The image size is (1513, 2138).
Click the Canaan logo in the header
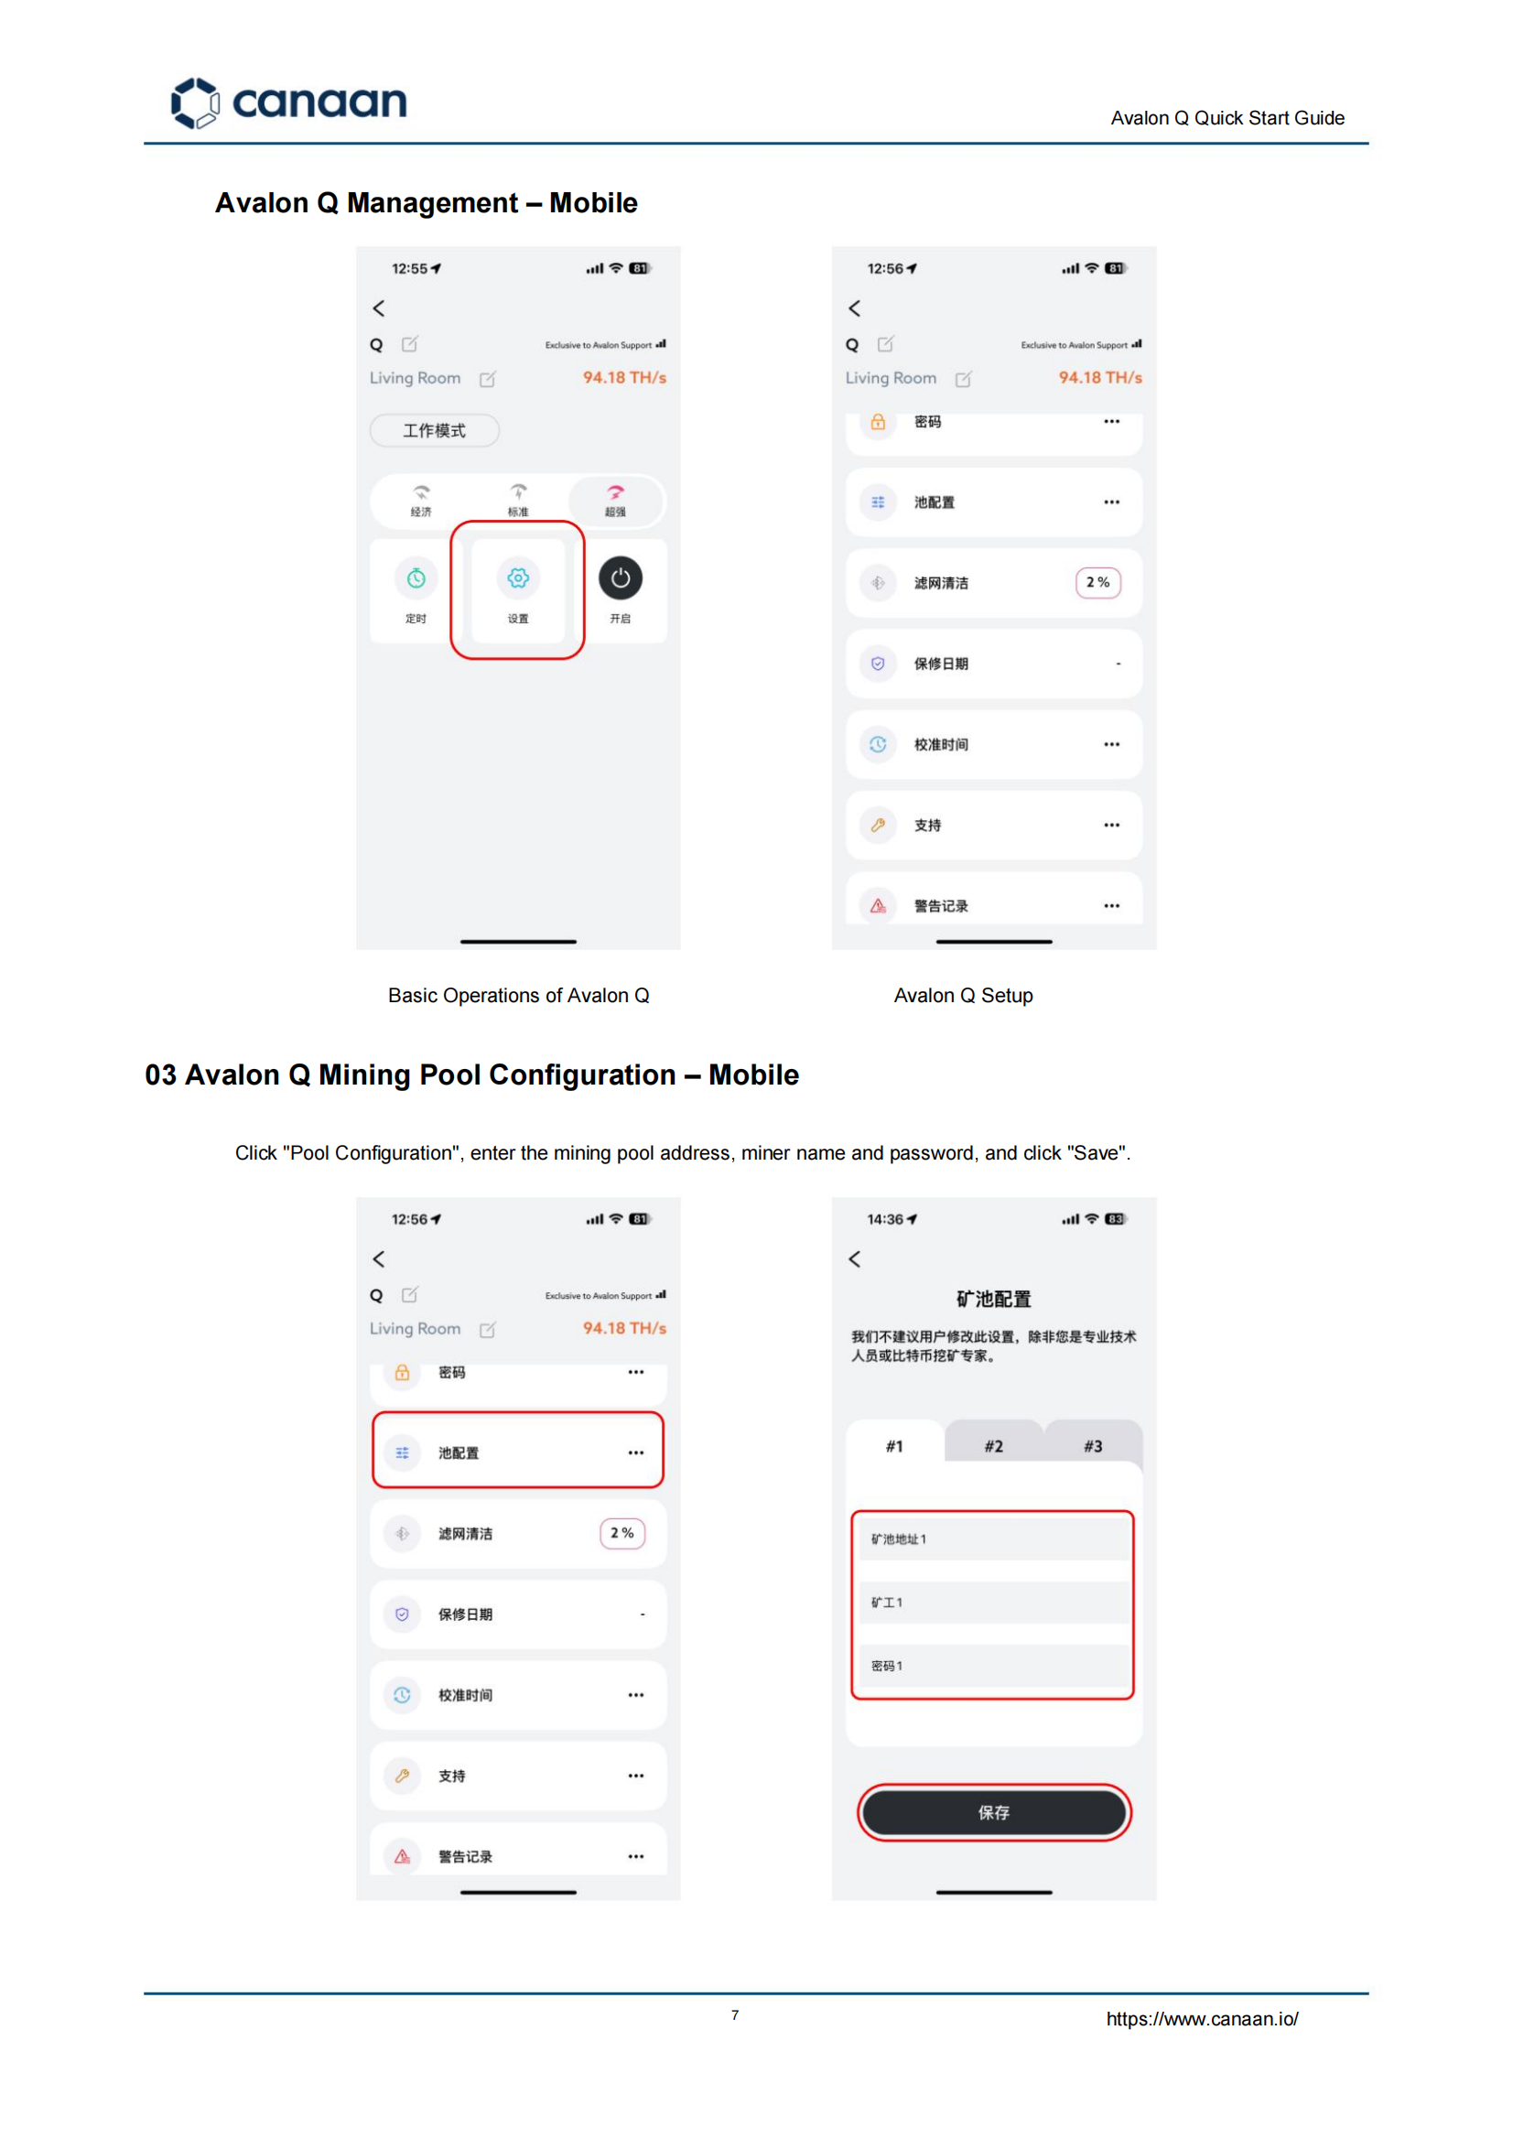tap(289, 102)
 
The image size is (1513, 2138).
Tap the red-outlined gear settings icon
tap(518, 578)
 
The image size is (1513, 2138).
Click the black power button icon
tap(620, 578)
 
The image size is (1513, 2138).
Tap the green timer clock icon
tap(416, 578)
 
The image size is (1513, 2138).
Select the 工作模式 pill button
tap(434, 430)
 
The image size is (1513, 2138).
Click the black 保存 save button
tap(993, 1812)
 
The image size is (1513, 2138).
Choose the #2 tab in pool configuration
tap(993, 1446)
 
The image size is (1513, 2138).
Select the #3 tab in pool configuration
tap(1093, 1446)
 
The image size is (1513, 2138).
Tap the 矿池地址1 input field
tap(993, 1539)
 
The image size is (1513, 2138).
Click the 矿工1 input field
tap(993, 1603)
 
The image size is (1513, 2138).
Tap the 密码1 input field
tap(993, 1666)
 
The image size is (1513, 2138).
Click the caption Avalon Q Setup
tap(963, 995)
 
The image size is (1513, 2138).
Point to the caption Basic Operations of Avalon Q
tap(518, 995)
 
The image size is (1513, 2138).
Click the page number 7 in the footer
tap(735, 2015)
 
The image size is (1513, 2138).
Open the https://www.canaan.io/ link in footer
tap(1202, 2019)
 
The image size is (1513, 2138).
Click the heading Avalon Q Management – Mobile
tap(426, 203)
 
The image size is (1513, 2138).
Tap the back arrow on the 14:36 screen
tap(854, 1259)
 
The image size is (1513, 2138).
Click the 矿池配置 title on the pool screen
tap(993, 1299)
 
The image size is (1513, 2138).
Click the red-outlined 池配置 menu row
tap(518, 1451)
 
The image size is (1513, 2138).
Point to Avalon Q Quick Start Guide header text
tap(1227, 118)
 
